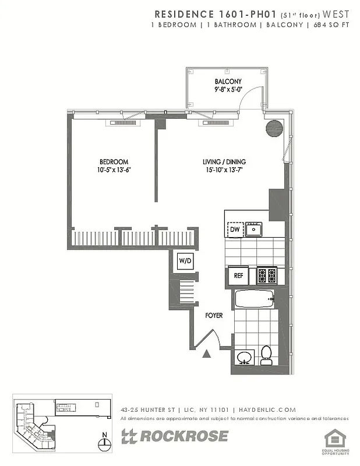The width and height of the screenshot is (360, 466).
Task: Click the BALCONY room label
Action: (228, 81)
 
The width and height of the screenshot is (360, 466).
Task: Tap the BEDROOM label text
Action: (113, 161)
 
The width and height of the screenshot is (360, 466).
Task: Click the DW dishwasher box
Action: (235, 230)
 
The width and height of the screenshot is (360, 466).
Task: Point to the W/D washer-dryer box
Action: (185, 261)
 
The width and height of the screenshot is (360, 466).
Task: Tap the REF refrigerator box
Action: (238, 276)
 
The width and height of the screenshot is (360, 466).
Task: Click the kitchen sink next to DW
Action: (254, 229)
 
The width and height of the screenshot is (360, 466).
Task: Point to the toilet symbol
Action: (266, 355)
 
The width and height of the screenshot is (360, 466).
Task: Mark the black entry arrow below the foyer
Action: (206, 352)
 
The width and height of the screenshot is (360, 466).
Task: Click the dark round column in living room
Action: (274, 128)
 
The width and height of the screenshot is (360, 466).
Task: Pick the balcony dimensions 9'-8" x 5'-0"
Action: (228, 90)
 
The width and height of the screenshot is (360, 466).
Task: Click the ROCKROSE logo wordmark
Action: (175, 436)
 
